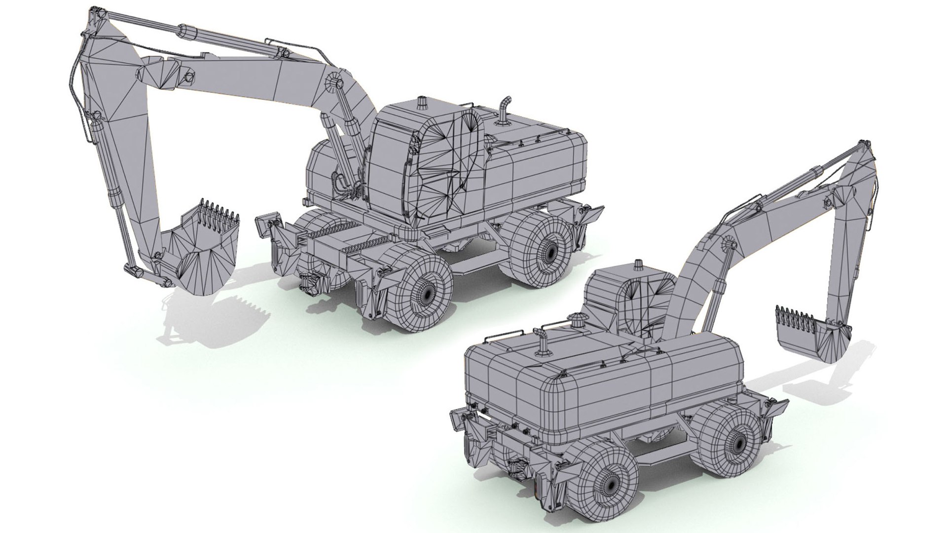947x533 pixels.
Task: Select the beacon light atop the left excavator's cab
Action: tap(422, 104)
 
